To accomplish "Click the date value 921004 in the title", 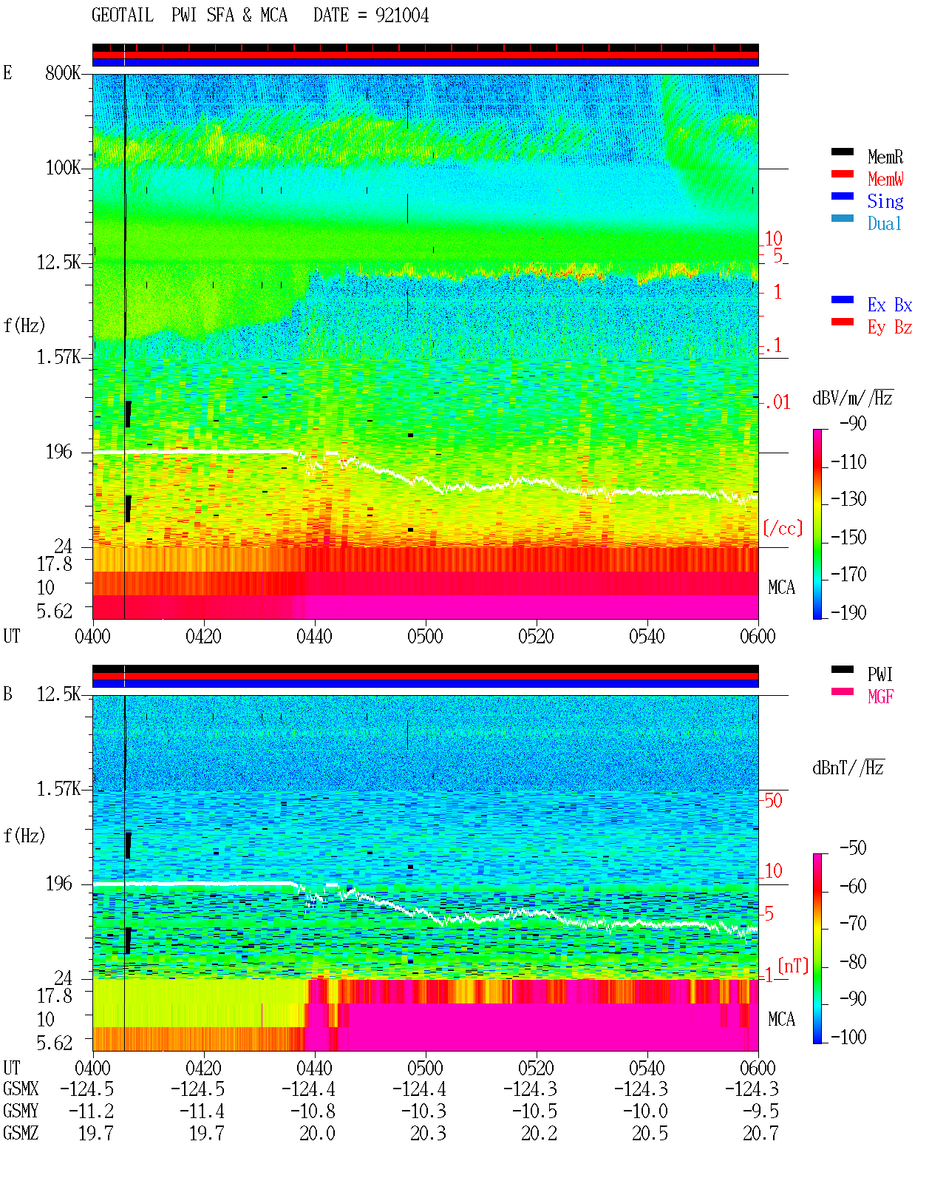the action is tap(401, 15).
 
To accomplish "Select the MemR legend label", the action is tap(885, 157).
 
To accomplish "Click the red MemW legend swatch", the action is tap(842, 174).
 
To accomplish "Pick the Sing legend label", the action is tap(885, 201).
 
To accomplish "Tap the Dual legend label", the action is tap(884, 223).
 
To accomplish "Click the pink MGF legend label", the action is tap(880, 697).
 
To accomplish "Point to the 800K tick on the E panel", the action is tap(63, 72).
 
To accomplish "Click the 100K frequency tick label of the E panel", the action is tap(63, 168).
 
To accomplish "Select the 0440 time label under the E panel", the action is tap(315, 636).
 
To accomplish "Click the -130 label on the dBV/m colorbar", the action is tap(848, 499).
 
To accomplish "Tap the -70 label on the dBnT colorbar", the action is tap(854, 924).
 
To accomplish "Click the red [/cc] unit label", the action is tap(783, 528).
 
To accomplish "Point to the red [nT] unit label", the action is tap(793, 966).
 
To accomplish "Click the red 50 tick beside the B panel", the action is tap(773, 800).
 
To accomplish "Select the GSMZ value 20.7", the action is tap(760, 1133).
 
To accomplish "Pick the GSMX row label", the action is tap(21, 1089).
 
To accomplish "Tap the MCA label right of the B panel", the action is tap(781, 1019).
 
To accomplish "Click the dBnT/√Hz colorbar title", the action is tap(848, 768).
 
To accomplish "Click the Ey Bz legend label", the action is tap(890, 327).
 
